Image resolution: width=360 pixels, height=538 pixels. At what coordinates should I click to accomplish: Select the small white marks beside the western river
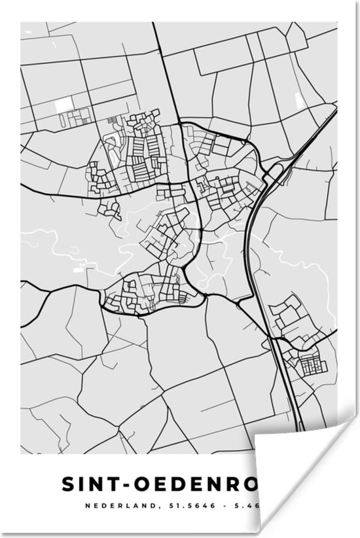point(78,267)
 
